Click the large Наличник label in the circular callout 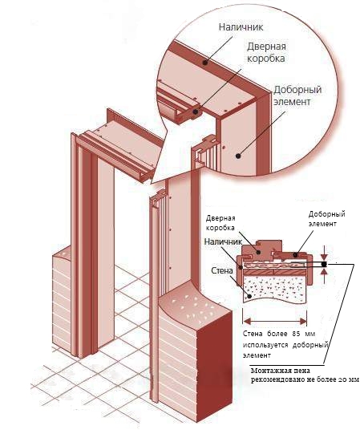241,27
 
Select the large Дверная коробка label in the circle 266,52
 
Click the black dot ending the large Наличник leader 204,63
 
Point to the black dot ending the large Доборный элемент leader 238,156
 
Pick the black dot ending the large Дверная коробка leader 196,112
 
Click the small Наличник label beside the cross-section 223,241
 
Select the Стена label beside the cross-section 222,270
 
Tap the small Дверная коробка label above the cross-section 220,223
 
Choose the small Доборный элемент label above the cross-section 326,218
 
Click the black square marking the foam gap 325,265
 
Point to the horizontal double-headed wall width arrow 275,322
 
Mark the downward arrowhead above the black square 325,258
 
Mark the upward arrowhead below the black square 325,271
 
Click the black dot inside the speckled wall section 249,296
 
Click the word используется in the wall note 265,345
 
